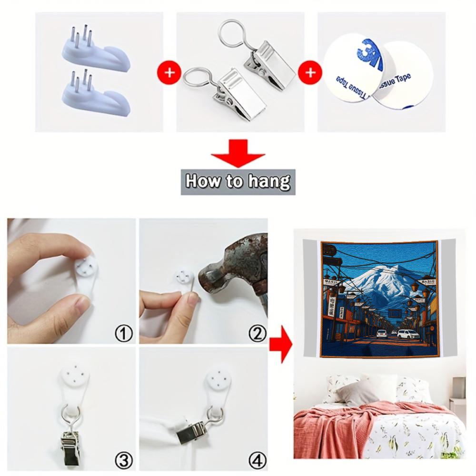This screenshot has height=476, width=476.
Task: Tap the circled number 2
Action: coord(257,333)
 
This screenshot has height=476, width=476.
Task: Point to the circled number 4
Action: coord(257,460)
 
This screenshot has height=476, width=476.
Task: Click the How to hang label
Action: coord(238,181)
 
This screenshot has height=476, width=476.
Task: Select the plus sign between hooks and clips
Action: coord(169,72)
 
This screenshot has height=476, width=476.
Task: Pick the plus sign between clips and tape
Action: coord(310,72)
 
